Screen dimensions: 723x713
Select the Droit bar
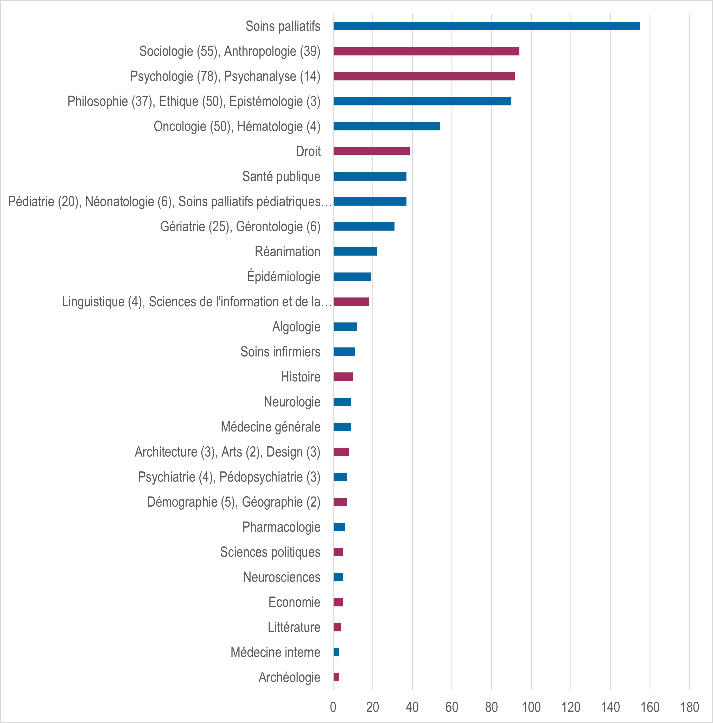click(x=372, y=151)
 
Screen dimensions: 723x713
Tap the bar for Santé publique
click(x=370, y=176)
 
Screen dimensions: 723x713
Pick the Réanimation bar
click(x=355, y=251)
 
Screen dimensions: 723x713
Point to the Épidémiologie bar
click(x=352, y=277)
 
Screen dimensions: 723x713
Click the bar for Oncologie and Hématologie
click(x=386, y=126)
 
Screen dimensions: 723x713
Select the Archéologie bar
click(x=336, y=677)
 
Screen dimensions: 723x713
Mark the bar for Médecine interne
click(x=336, y=652)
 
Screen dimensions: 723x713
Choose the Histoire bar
click(x=343, y=377)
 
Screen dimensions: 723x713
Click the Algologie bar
click(x=345, y=327)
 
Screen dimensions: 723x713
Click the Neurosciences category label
click(x=281, y=577)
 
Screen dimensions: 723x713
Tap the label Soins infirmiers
click(x=280, y=352)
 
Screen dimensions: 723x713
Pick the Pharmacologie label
click(x=281, y=527)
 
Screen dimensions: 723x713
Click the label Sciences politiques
click(x=270, y=552)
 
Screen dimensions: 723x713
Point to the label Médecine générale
click(x=270, y=427)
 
